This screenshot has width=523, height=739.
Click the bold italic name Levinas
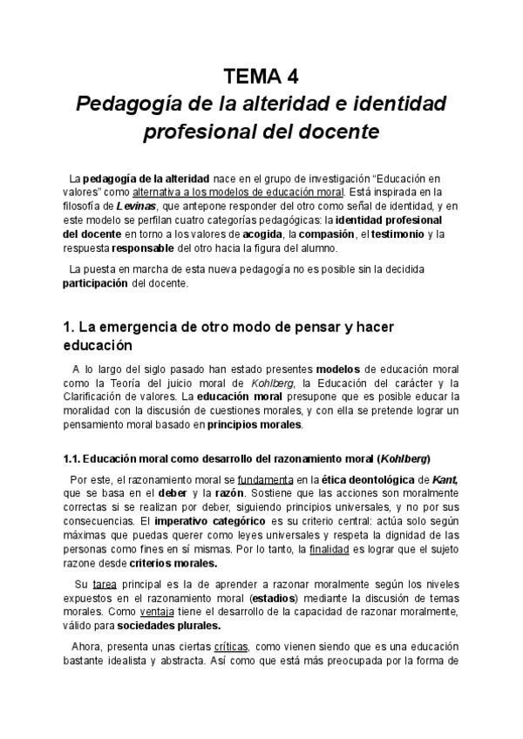click(x=134, y=206)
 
